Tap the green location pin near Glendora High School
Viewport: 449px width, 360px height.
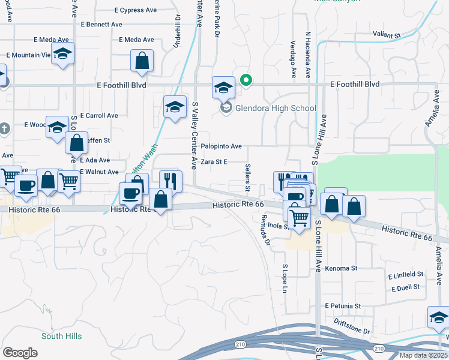click(x=246, y=79)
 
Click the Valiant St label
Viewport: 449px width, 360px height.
click(x=387, y=35)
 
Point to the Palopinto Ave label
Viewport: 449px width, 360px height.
click(x=221, y=146)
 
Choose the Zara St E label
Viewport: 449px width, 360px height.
click(x=214, y=162)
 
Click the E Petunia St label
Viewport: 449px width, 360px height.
click(x=343, y=305)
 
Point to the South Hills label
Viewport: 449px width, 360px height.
click(x=61, y=336)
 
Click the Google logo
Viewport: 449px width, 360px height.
click(x=20, y=352)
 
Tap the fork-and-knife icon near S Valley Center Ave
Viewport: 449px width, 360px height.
click(x=170, y=180)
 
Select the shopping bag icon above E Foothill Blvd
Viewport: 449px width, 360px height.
click(x=142, y=61)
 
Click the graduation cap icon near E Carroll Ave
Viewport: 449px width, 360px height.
click(x=175, y=107)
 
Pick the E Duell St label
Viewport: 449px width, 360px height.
click(x=408, y=289)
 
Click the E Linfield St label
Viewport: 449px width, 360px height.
click(x=405, y=275)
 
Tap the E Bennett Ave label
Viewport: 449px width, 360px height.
click(x=101, y=25)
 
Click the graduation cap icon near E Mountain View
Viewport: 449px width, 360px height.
click(x=63, y=54)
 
